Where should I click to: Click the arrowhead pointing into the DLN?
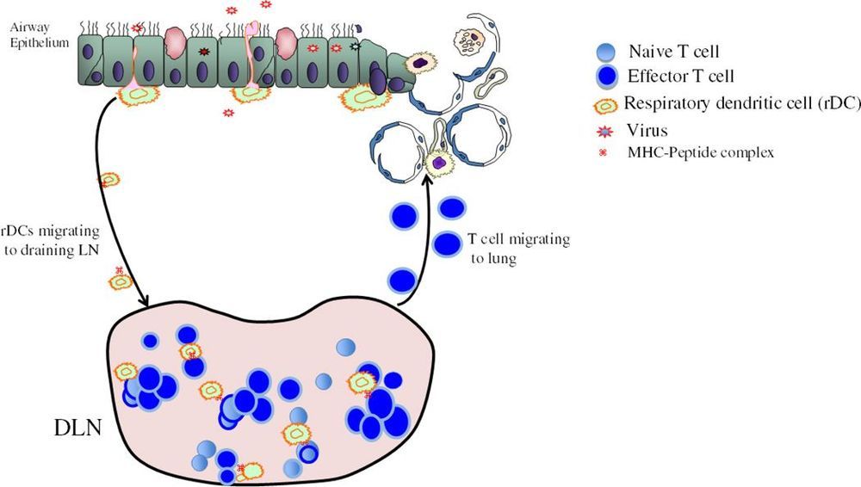click(x=146, y=300)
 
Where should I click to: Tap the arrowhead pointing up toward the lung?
click(x=428, y=178)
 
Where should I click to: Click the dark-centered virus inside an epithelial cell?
click(x=204, y=52)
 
